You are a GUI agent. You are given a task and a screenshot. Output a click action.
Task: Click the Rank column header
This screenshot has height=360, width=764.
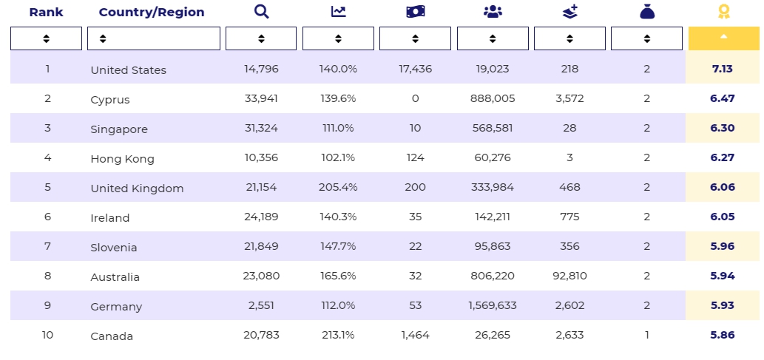[46, 12]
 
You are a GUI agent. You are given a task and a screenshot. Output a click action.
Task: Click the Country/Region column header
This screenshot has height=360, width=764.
[151, 12]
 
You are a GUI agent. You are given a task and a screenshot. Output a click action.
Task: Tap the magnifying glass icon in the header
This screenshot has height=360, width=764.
[261, 11]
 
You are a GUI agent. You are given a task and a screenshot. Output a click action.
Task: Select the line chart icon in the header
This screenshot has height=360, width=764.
[338, 11]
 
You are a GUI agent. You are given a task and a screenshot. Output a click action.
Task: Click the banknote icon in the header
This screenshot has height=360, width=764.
[415, 11]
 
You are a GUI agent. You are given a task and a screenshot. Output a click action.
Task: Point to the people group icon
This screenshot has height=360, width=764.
[493, 11]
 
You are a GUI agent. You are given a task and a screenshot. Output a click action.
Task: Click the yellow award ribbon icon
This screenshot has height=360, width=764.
[723, 11]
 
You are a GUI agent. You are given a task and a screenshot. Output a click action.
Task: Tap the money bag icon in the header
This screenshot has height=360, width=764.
[646, 11]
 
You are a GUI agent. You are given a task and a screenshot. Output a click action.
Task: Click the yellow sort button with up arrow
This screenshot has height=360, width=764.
[723, 38]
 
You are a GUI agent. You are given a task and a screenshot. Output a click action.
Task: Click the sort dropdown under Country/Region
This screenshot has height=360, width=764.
[154, 38]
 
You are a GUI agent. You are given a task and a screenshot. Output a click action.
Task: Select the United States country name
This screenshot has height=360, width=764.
[128, 70]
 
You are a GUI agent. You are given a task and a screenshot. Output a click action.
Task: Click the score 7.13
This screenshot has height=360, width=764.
[722, 69]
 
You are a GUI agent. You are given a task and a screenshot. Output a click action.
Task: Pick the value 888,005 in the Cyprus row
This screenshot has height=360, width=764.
[493, 98]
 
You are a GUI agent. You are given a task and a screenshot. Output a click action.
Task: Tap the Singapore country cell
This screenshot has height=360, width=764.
[119, 129]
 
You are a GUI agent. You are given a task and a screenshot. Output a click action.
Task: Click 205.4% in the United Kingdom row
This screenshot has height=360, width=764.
[338, 187]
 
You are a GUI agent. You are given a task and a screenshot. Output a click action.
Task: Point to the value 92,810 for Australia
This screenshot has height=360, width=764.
[569, 276]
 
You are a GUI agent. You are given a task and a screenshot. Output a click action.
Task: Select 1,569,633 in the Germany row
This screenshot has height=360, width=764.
[493, 305]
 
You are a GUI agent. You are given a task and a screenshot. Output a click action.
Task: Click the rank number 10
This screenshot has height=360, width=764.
[47, 335]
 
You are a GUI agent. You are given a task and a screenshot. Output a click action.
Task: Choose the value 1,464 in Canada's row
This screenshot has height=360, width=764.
[415, 335]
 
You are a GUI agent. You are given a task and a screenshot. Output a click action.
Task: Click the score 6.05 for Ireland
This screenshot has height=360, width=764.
[722, 217]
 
